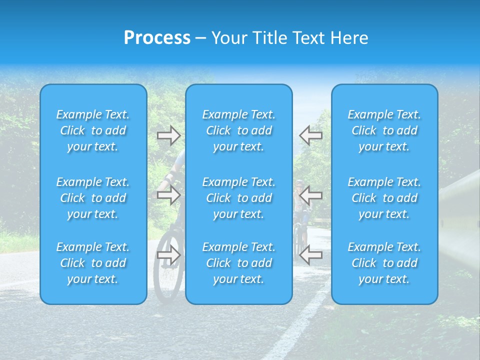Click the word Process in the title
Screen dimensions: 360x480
[157, 37]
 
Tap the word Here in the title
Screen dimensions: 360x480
[349, 37]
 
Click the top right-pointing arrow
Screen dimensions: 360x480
[168, 135]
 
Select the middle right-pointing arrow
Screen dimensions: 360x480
[168, 195]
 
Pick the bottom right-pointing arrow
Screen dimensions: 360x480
[168, 255]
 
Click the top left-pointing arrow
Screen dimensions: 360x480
[311, 135]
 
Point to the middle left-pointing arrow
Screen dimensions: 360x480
[311, 195]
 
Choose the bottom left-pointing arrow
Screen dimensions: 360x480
[311, 255]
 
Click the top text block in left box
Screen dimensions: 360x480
[93, 130]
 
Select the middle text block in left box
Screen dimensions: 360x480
[93, 198]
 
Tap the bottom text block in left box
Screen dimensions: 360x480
[93, 263]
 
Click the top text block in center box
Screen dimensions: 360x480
[239, 130]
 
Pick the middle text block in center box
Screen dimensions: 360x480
[239, 198]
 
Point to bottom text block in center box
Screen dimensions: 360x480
[239, 263]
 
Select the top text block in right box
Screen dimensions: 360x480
[384, 130]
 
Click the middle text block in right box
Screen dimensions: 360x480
[384, 198]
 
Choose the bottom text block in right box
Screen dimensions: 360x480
[384, 263]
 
